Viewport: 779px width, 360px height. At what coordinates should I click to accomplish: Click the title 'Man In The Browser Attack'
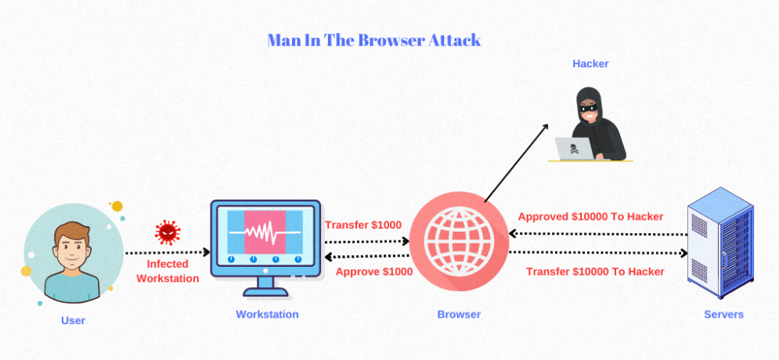coord(373,40)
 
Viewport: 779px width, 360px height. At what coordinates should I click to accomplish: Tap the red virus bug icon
coord(168,232)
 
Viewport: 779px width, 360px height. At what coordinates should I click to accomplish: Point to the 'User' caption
coord(73,320)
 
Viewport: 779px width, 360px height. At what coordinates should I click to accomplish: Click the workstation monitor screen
coord(265,234)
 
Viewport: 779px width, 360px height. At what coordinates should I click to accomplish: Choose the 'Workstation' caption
coord(267,315)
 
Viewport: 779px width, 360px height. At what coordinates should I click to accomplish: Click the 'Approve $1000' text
coord(373,272)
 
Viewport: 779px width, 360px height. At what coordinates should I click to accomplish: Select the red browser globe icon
coord(458,243)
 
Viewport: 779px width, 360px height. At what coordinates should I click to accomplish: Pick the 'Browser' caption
coord(459,315)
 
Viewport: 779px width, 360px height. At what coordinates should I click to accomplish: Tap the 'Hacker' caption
coord(590,63)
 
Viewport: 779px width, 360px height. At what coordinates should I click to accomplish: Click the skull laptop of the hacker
coord(575,148)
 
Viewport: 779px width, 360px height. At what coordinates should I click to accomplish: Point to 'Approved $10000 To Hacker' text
coord(590,217)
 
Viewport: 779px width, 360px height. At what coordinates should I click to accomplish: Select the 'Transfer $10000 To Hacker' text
coord(595,272)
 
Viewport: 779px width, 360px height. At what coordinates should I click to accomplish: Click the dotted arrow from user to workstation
coord(168,253)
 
